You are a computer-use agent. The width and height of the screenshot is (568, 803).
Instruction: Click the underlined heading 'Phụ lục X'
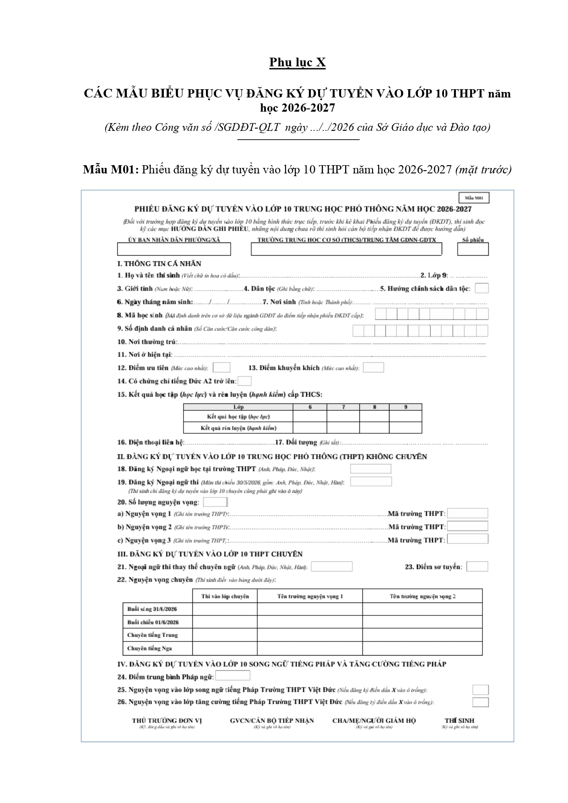tap(297, 62)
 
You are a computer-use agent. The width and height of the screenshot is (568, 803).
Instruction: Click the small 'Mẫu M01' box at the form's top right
tap(474, 198)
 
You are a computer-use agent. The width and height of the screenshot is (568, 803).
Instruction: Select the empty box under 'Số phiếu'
tap(473, 249)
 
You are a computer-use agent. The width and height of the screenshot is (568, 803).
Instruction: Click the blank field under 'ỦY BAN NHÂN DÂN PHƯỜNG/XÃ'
tap(174, 249)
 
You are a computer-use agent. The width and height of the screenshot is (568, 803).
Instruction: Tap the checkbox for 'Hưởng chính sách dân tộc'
tap(481, 288)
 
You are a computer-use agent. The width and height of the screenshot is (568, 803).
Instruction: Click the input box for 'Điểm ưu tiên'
tap(222, 367)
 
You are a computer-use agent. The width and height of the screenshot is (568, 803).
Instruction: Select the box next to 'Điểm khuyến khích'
tap(373, 367)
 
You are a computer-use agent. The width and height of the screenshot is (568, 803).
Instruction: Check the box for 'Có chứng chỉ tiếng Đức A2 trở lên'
tap(245, 381)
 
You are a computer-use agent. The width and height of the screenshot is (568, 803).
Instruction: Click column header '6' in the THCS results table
tap(310, 407)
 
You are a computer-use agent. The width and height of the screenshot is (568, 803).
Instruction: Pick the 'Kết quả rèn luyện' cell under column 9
tap(406, 428)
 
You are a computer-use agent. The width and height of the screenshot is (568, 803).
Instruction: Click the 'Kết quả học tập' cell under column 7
tap(343, 416)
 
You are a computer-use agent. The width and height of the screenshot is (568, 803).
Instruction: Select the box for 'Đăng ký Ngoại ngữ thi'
tap(371, 481)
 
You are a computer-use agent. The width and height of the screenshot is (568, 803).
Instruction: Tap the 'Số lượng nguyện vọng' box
tap(215, 502)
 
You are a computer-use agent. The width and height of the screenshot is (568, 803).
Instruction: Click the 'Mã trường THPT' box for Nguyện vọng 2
tap(467, 527)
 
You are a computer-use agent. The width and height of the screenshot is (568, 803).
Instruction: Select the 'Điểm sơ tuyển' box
tap(477, 566)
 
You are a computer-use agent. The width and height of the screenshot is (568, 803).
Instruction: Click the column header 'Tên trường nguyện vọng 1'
tap(310, 596)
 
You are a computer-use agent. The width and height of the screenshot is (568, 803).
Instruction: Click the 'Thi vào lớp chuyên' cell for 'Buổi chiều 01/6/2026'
tap(225, 622)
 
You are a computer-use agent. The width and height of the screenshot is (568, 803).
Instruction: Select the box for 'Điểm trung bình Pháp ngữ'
tap(233, 676)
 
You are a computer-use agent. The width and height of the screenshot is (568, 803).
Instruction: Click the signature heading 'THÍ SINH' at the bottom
tap(460, 721)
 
